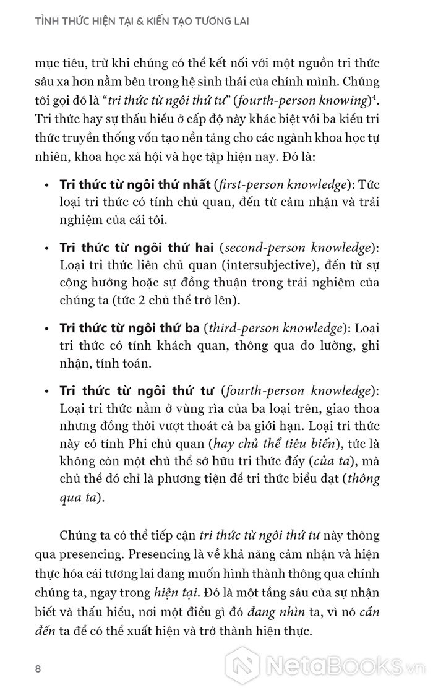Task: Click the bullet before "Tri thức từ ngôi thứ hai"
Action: (49, 247)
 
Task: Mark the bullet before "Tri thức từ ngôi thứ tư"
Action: (49, 391)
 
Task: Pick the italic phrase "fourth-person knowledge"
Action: (299, 391)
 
